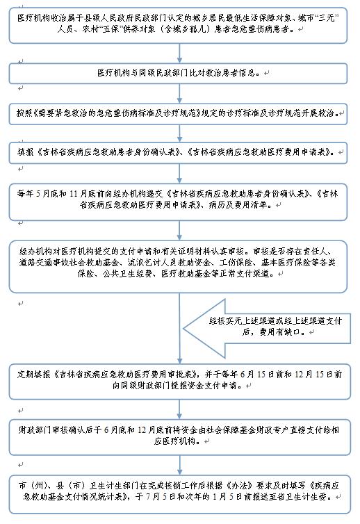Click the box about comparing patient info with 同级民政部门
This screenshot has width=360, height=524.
tap(178, 73)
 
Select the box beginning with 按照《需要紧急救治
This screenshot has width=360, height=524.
tap(178, 114)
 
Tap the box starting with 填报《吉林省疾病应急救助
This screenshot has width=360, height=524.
tap(178, 153)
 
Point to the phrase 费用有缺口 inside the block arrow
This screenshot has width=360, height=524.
tap(279, 332)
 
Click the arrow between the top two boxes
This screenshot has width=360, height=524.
tap(179, 53)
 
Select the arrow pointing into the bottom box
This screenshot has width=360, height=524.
tap(179, 465)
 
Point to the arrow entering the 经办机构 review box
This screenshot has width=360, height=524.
tap(179, 231)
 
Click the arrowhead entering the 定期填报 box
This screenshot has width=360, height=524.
tap(179, 361)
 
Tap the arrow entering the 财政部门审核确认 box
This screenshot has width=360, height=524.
tap(179, 409)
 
